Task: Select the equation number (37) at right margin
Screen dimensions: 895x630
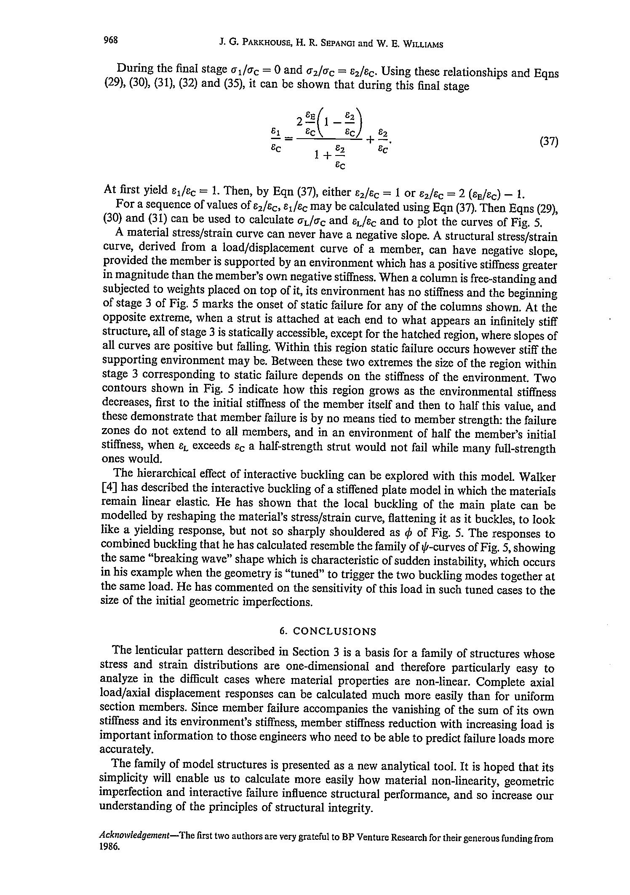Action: click(549, 142)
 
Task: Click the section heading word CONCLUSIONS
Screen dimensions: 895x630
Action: click(334, 631)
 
